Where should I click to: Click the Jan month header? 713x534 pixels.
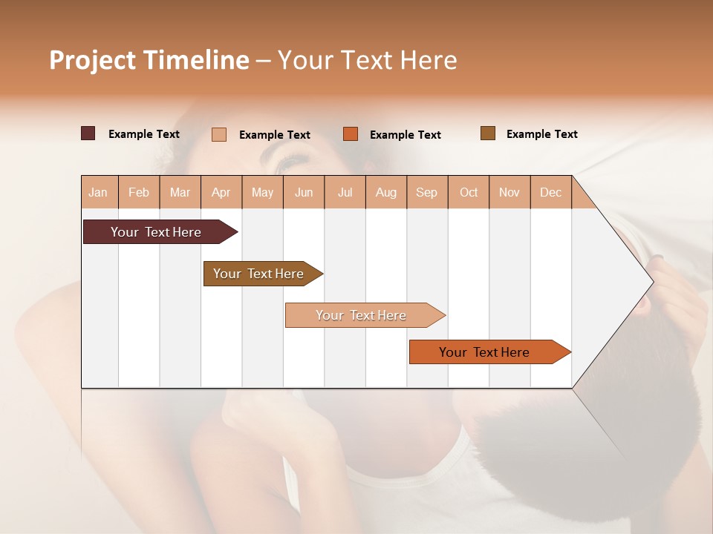99,192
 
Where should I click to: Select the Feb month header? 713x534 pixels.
139,192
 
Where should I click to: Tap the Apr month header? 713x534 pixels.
221,192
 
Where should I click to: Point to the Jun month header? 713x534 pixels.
304,192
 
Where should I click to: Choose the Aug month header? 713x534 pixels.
386,192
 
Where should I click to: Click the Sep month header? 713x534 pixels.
427,192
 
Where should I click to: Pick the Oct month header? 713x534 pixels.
469,192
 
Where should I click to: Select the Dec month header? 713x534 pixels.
551,192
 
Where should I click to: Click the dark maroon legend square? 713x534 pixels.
88,133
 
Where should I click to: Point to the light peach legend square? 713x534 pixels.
219,134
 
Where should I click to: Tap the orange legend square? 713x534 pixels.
351,134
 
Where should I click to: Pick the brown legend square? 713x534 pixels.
488,133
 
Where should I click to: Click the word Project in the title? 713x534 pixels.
93,60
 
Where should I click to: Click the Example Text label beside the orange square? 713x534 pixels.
406,135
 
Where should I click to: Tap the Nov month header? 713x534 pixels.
509,192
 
